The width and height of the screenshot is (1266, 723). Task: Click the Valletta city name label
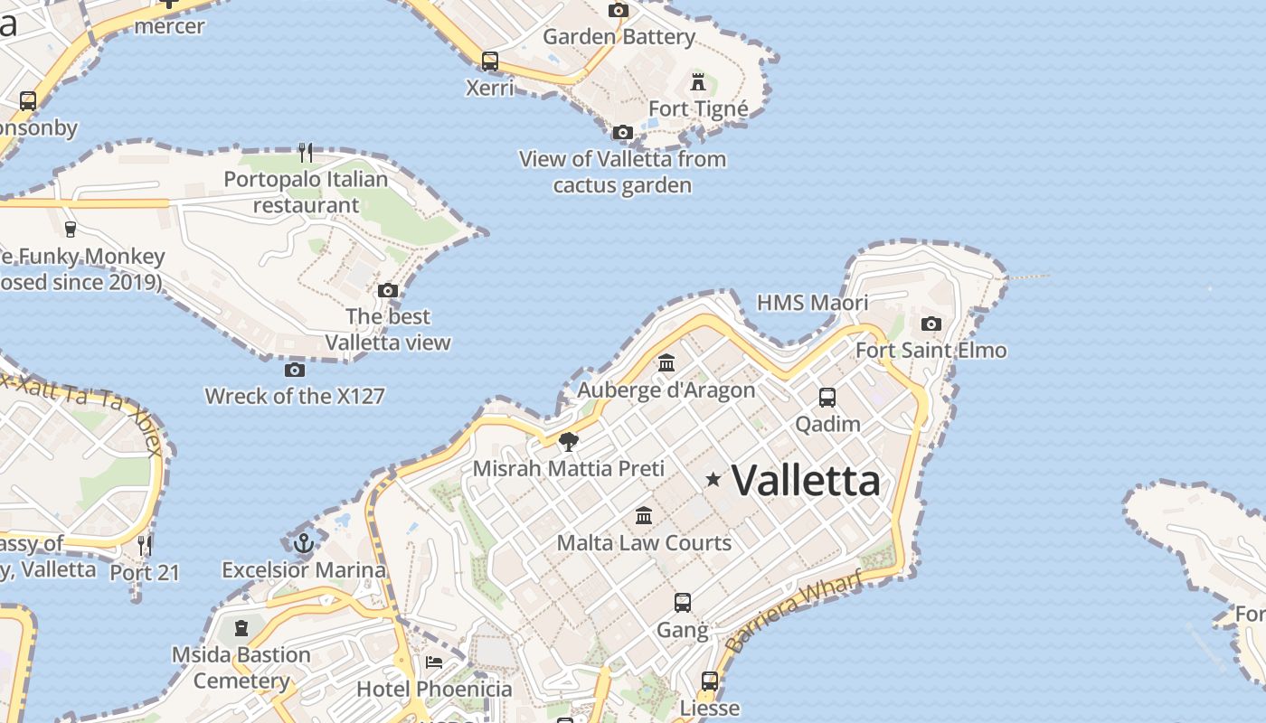click(x=805, y=480)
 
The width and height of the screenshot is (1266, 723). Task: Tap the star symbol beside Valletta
click(x=713, y=479)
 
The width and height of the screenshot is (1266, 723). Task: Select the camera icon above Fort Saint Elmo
click(x=931, y=324)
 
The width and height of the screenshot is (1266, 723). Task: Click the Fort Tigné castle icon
click(x=698, y=82)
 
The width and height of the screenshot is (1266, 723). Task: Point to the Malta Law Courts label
click(x=644, y=542)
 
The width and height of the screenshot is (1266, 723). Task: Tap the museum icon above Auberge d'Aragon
click(x=666, y=362)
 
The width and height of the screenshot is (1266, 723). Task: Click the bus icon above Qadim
click(x=827, y=397)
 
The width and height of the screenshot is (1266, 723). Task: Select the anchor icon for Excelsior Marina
click(x=304, y=543)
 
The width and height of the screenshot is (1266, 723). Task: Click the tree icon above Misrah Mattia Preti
click(x=569, y=441)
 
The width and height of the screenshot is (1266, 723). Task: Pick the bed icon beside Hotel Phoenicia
click(x=434, y=662)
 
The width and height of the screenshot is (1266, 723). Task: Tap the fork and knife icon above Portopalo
click(x=306, y=152)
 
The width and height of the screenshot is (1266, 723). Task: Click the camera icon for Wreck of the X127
click(x=294, y=370)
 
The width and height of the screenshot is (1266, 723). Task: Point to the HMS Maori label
click(x=812, y=303)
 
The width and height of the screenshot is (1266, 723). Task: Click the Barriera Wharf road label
click(x=793, y=613)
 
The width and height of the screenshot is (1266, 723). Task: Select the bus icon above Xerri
click(x=489, y=61)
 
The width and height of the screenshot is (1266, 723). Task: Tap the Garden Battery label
click(x=619, y=37)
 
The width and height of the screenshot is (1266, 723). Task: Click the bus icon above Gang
click(x=683, y=602)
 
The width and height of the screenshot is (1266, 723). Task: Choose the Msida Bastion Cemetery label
click(x=241, y=667)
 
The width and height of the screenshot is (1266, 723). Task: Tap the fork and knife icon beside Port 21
click(x=145, y=544)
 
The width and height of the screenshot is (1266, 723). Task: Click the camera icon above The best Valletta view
click(x=388, y=290)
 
